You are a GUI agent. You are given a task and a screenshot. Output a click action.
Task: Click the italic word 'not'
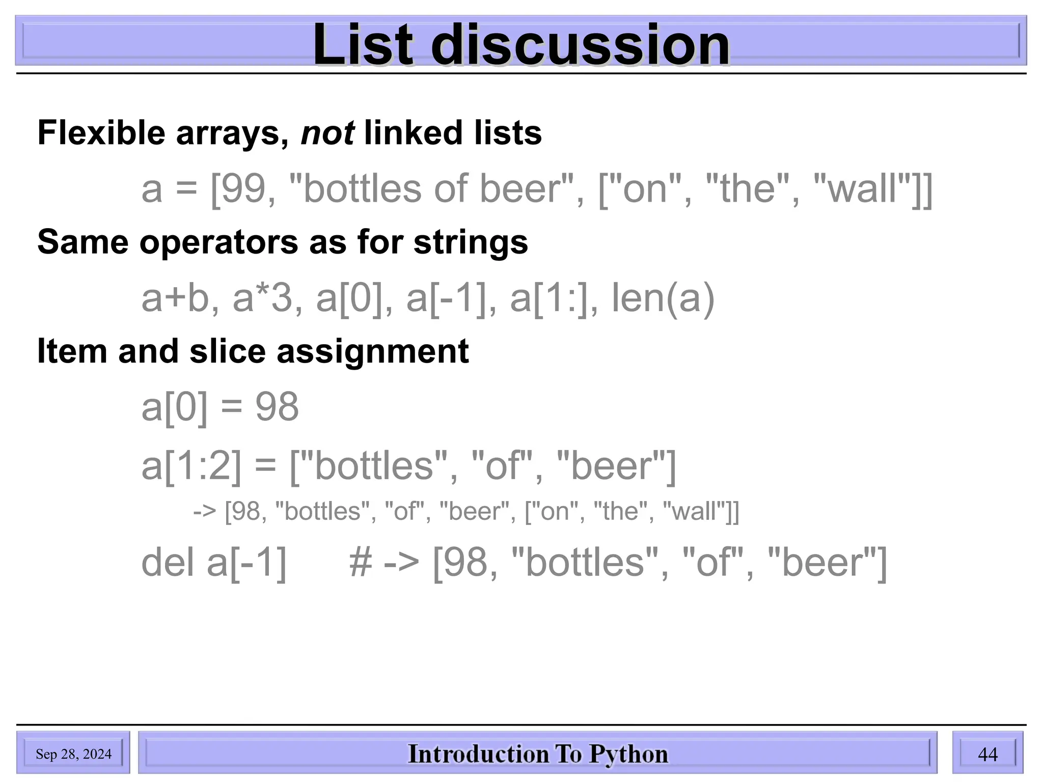point(327,133)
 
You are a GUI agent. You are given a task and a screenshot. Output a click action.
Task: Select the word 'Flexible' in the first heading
point(101,133)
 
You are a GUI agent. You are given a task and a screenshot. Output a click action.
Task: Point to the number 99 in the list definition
point(246,189)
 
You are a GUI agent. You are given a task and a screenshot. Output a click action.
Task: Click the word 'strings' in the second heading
point(471,242)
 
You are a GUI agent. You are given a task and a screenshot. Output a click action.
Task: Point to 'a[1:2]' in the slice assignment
point(191,466)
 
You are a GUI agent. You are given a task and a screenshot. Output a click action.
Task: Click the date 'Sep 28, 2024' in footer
point(73,754)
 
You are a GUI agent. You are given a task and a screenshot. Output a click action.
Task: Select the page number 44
point(987,754)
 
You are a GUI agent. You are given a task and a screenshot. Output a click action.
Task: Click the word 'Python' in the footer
point(628,754)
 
